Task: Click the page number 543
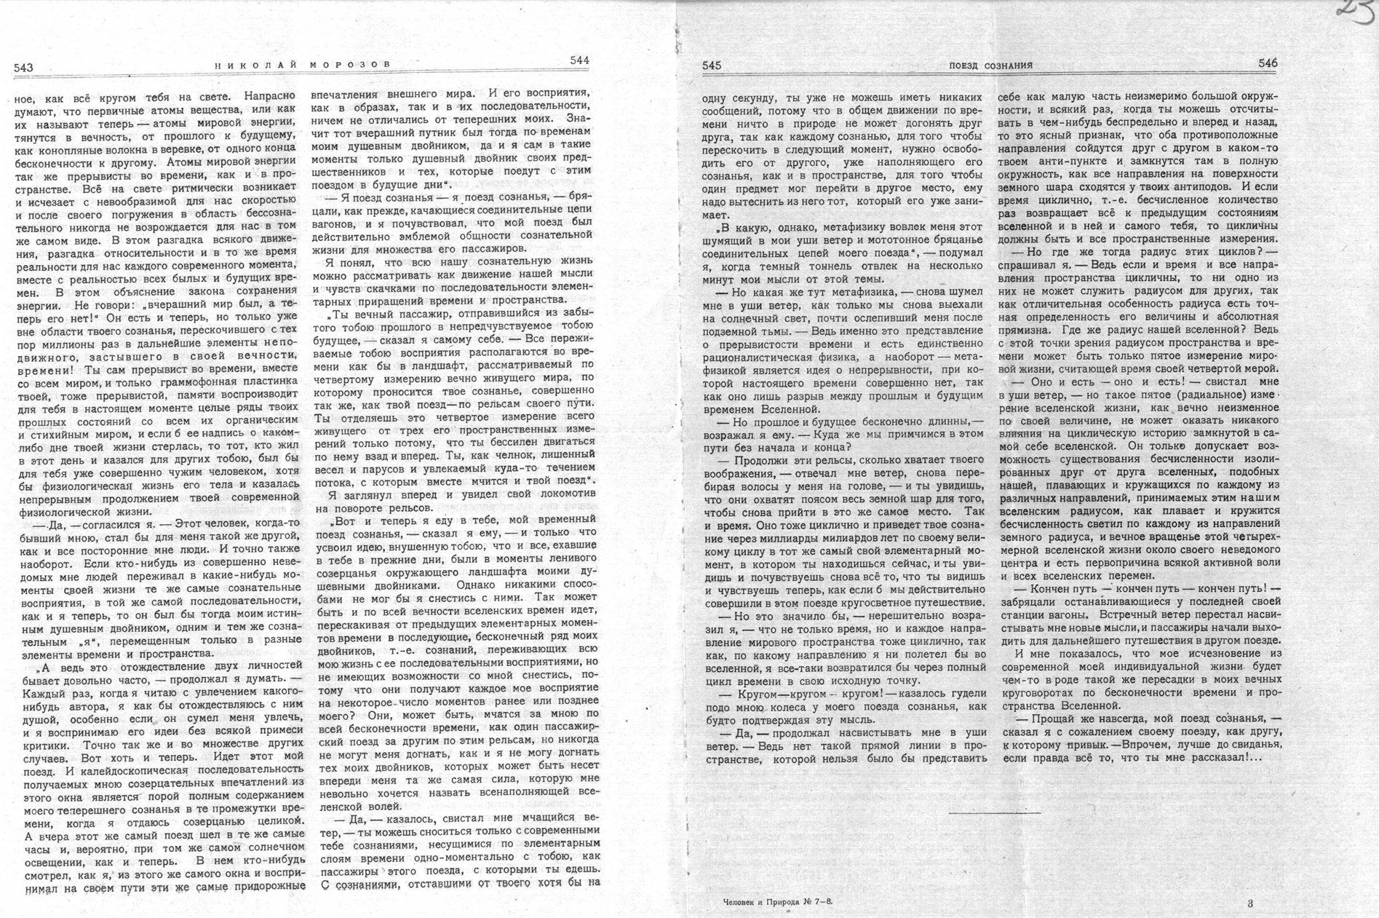(x=23, y=68)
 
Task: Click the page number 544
(x=579, y=60)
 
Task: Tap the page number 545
(x=712, y=66)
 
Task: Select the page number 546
(x=1268, y=63)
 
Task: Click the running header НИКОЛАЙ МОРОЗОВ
(x=303, y=65)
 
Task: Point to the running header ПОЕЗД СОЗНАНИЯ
(x=990, y=66)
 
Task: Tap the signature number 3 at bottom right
(x=1250, y=903)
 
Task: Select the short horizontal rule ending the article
(x=995, y=812)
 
